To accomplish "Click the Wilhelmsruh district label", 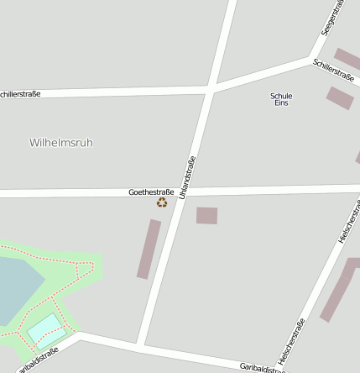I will pos(60,143).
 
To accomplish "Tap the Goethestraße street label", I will pos(151,192).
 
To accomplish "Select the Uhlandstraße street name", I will pos(187,177).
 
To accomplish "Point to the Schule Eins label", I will pos(281,99).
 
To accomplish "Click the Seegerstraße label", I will pos(332,18).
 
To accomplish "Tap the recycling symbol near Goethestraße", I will pos(162,202).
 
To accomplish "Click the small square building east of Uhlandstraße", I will pos(206,216).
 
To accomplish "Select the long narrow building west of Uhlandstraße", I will pos(149,249).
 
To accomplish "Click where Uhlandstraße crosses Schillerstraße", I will pos(210,87).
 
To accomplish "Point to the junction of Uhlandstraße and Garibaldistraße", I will pos(141,344).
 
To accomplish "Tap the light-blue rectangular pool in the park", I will pos(45,330).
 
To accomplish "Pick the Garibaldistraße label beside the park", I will pos(37,360).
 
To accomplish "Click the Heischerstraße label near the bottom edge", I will pos(291,341).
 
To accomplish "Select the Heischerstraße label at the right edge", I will pos(349,220).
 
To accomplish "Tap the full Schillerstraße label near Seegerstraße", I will pos(333,71).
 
